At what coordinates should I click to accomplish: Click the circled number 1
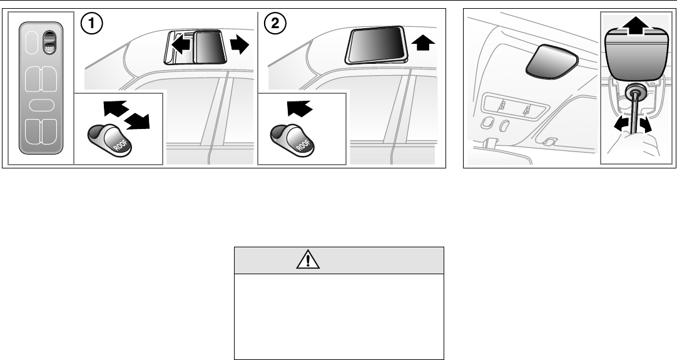click(x=92, y=24)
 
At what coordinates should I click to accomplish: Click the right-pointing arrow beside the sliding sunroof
click(x=239, y=44)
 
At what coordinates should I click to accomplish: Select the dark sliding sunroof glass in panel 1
click(x=210, y=47)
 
